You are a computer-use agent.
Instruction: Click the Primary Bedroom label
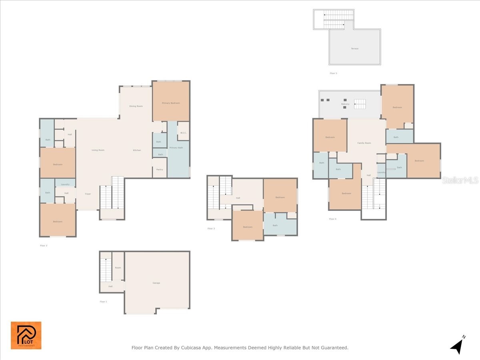pos(171,103)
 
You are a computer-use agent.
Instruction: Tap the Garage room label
pos(156,283)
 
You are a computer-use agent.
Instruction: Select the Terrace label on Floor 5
pos(355,48)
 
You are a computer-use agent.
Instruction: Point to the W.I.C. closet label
pos(183,133)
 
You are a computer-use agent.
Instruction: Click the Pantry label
pos(160,169)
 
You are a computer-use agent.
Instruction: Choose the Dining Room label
pos(136,106)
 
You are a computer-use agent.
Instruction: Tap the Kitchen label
pos(137,150)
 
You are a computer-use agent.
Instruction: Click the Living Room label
pos(98,150)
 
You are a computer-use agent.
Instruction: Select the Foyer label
pos(88,194)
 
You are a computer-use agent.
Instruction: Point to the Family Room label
pos(364,143)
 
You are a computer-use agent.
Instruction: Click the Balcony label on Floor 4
pos(345,104)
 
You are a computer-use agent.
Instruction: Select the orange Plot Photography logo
pos(26,335)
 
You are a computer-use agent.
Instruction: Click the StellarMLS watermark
pos(460,180)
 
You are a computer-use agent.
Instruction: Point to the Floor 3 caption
pos(211,228)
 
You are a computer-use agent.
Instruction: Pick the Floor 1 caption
pos(103,302)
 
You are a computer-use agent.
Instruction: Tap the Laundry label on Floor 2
pos(65,184)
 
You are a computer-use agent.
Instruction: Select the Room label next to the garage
pos(118,268)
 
